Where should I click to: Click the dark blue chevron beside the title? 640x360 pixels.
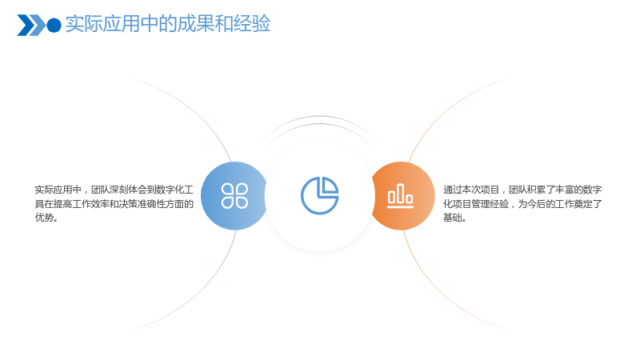coord(26,26)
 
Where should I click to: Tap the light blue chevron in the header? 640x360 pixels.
coord(38,26)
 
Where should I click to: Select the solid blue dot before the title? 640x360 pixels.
coord(54,26)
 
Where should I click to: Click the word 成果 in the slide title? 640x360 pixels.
coord(195,23)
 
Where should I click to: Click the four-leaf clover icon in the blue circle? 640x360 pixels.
coord(234,196)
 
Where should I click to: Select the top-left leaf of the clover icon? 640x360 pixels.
coord(227,189)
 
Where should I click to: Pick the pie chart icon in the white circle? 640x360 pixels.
coord(319,195)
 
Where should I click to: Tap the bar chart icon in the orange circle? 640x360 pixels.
coord(401,195)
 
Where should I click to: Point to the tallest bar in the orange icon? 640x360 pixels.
coord(401,193)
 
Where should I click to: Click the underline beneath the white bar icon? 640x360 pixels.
coord(401,206)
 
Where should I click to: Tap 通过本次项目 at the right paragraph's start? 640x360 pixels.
coord(471,190)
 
